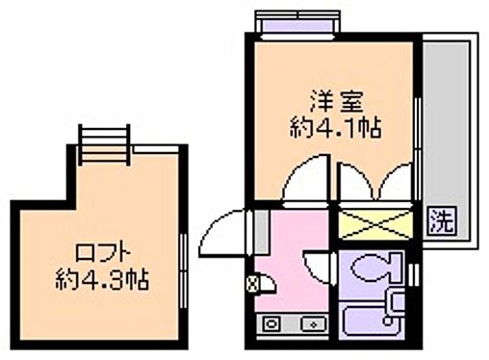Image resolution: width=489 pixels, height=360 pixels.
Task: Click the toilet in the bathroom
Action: tap(372, 267)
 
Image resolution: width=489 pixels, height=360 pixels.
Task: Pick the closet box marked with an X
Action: tap(375, 224)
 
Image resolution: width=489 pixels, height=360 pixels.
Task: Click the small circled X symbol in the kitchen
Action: tap(253, 284)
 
